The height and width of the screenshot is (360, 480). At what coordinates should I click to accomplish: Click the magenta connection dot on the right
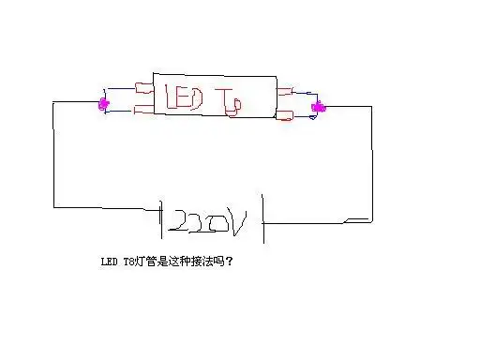coord(319,107)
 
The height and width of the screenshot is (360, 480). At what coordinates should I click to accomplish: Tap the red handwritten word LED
coord(185,97)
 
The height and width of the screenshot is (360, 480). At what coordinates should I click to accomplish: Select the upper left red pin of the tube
coord(143,90)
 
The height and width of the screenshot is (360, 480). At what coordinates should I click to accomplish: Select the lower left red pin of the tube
coord(143,112)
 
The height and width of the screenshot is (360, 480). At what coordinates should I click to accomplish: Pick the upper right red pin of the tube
coord(287,92)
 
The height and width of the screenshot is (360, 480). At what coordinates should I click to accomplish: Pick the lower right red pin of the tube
coord(286,116)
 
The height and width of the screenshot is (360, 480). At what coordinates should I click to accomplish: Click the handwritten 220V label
coord(208,222)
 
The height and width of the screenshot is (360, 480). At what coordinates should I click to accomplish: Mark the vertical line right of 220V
coord(263,219)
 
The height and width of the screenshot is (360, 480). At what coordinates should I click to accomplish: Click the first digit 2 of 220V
coord(176,223)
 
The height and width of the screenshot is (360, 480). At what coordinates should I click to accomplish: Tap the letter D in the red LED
coord(201,97)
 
